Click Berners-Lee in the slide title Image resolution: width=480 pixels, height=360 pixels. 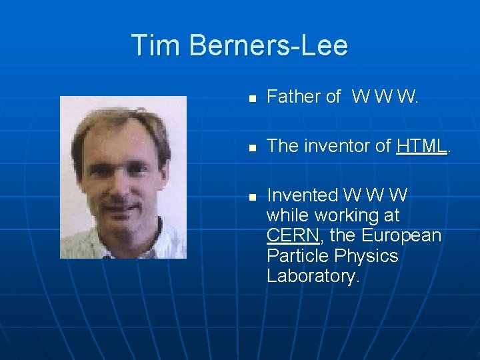click(268, 45)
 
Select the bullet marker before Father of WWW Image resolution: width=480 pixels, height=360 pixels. click(251, 98)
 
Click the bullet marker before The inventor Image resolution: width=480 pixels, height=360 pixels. click(251, 147)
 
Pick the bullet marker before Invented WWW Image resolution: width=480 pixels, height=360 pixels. click(251, 197)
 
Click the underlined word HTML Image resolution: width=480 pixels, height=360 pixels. click(421, 146)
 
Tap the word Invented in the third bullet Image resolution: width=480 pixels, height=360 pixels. click(302, 195)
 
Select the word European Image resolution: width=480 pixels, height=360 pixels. click(402, 236)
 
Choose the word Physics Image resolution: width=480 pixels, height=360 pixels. click(367, 256)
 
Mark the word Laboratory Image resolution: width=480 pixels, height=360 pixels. click(313, 277)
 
